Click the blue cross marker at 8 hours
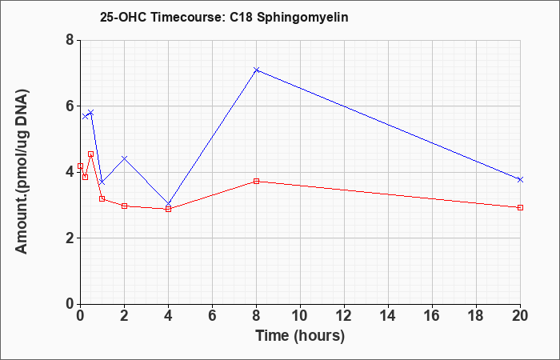point(257,70)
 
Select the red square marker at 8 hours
point(257,182)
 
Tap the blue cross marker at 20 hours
point(520,180)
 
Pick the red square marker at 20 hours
point(520,207)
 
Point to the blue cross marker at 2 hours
point(124,158)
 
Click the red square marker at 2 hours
point(124,206)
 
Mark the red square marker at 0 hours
point(80,166)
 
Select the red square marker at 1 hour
point(102,198)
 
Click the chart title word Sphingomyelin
point(302,18)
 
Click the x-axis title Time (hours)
point(300,336)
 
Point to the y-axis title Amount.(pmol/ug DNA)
point(22,172)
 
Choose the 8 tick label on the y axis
point(70,40)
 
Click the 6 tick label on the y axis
point(70,106)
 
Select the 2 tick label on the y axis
point(70,238)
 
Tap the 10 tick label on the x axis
point(300,316)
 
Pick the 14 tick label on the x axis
point(388,316)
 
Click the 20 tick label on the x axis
point(520,316)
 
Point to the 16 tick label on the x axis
point(432,316)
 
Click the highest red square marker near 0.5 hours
point(90,154)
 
